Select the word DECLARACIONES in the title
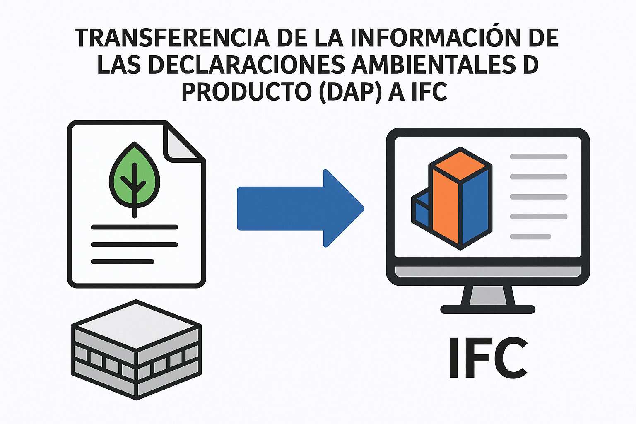(246, 65)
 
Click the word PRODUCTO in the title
(247, 92)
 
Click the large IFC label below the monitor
(487, 358)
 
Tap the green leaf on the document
(135, 176)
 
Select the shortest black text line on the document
(123, 262)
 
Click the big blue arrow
(300, 208)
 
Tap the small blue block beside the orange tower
(422, 210)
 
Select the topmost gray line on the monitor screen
(539, 157)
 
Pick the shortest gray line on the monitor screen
(530, 236)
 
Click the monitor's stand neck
(488, 295)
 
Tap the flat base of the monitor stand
(488, 309)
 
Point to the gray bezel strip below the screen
(488, 272)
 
